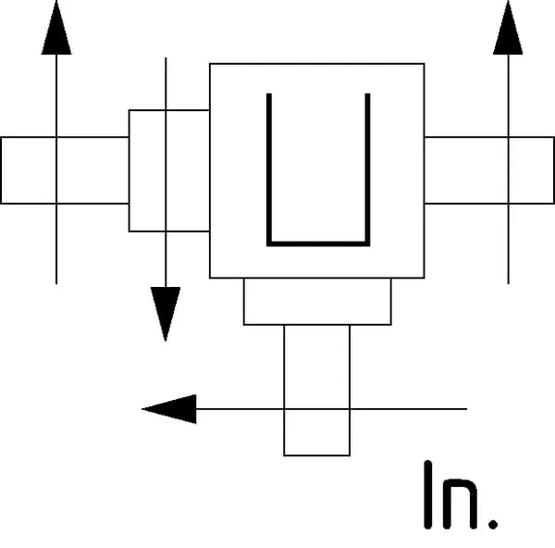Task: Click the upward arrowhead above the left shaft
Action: coord(56,29)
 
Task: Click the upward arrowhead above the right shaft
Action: coord(508,29)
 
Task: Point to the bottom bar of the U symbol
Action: coord(318,243)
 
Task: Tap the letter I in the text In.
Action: coord(429,494)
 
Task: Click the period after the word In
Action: coord(493,523)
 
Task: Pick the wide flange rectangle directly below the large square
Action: coord(317,302)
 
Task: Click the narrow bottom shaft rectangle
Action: coord(317,390)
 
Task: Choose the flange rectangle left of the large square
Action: coord(168,170)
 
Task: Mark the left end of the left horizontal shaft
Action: coord(2,170)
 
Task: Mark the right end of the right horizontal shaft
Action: coord(553,170)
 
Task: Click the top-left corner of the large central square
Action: coord(210,64)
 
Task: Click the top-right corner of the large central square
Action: coord(424,64)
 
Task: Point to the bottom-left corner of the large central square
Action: coord(210,278)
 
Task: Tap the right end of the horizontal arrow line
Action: coord(466,408)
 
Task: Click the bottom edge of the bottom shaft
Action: coord(317,455)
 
